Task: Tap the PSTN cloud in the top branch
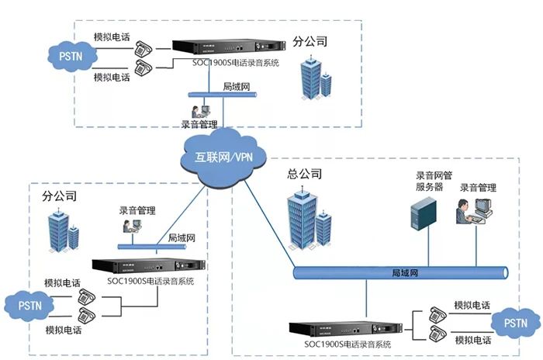71,55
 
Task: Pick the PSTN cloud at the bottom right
516,321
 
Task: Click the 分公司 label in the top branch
315,39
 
